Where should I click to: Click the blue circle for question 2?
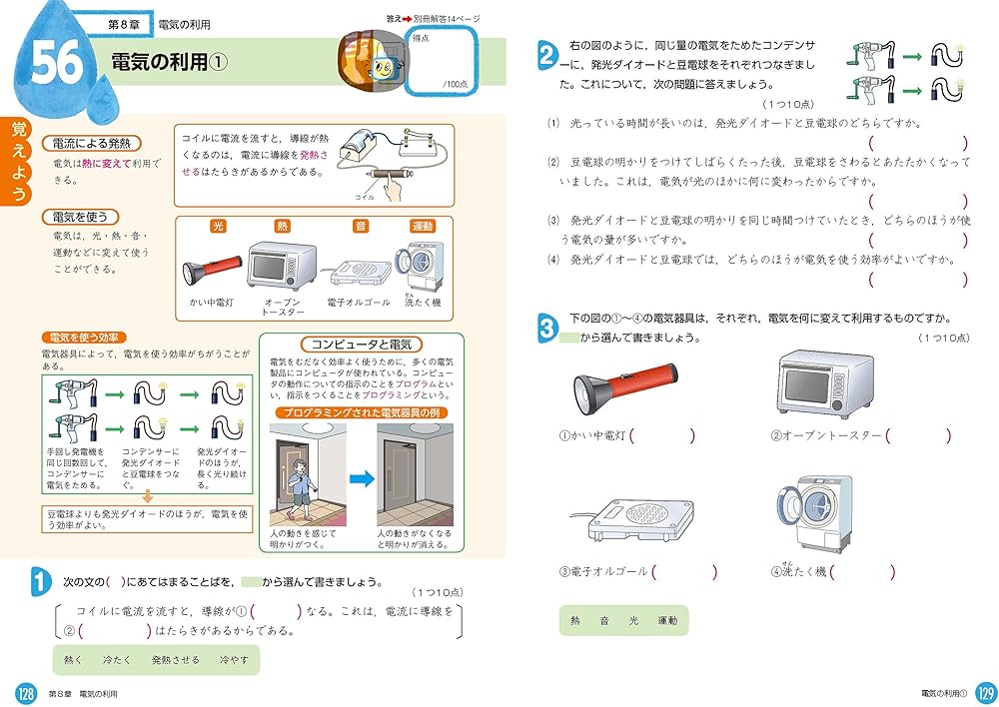click(x=546, y=56)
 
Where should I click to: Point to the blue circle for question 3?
click(x=546, y=328)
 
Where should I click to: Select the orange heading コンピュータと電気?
click(x=362, y=344)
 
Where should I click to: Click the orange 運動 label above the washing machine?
click(x=423, y=227)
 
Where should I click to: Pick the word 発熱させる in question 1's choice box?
click(x=175, y=660)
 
